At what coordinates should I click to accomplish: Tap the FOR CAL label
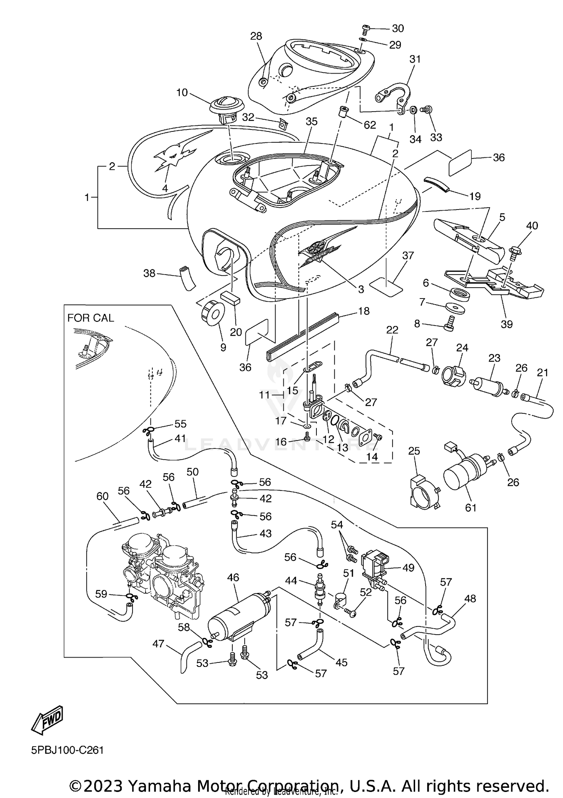click(x=90, y=318)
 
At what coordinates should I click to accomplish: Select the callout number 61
click(x=470, y=508)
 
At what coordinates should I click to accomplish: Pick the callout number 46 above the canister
click(x=233, y=577)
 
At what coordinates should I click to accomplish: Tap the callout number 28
click(x=256, y=36)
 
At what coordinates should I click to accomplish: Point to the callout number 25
click(x=414, y=451)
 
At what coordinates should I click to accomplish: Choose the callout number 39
click(x=506, y=324)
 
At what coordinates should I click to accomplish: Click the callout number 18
click(x=363, y=311)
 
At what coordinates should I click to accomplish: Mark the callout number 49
click(x=408, y=567)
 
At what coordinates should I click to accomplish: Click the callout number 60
click(x=102, y=496)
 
